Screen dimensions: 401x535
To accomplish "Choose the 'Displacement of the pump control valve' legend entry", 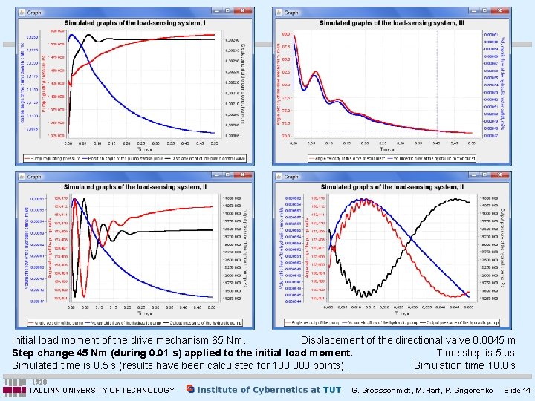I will tap(192, 159).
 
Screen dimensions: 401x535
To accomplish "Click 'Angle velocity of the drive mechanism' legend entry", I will tap(346, 159).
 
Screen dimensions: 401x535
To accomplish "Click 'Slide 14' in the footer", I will tap(516, 390).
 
